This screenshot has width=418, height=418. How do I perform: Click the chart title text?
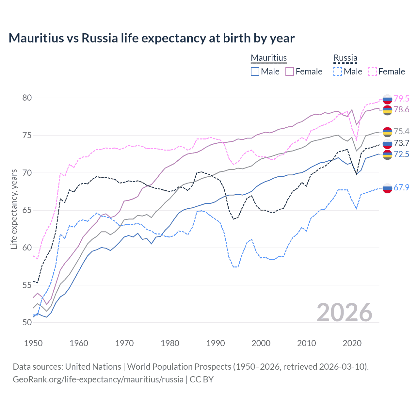tap(152, 38)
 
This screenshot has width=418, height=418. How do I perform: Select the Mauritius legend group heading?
tap(268, 58)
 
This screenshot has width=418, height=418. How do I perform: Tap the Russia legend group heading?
tap(345, 58)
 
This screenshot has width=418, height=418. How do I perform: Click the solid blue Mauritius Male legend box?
tap(255, 72)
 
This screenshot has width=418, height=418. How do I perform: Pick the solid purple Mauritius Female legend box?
tap(290, 72)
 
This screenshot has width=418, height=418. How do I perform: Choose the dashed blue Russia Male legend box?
tap(338, 72)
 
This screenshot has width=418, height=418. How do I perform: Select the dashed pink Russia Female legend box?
tap(373, 72)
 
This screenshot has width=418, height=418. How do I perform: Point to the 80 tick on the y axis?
tap(27, 98)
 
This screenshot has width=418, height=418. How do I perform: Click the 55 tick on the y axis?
tap(27, 285)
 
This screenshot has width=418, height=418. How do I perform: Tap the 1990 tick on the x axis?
tap(216, 343)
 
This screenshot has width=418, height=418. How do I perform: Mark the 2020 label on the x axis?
tap(352, 343)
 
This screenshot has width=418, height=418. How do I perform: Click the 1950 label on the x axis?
tap(33, 343)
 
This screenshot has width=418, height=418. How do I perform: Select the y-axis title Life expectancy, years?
tap(14, 209)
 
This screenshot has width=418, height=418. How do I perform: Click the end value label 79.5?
tap(401, 99)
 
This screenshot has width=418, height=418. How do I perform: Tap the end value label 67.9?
tap(401, 187)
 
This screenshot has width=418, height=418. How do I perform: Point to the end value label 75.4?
tap(401, 131)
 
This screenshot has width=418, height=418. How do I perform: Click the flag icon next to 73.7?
tap(387, 143)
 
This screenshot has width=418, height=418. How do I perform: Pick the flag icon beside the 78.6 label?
tap(387, 110)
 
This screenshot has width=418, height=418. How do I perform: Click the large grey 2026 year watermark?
tap(344, 313)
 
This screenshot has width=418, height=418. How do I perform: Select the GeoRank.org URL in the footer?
tap(98, 379)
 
